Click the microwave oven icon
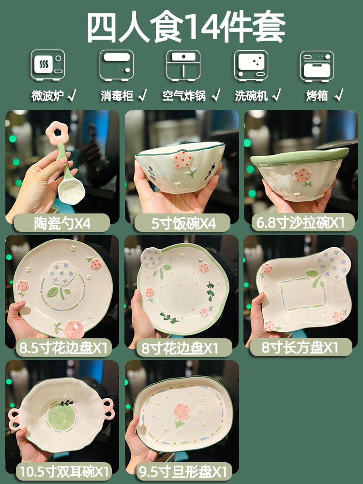coord(48,65)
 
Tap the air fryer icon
coord(183,65)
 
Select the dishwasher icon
coord(251,65)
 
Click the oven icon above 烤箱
coord(318,65)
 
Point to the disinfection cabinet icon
coord(116,65)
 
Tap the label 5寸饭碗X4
coord(181,223)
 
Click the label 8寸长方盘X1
coord(300,348)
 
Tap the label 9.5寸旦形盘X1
coord(182,471)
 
